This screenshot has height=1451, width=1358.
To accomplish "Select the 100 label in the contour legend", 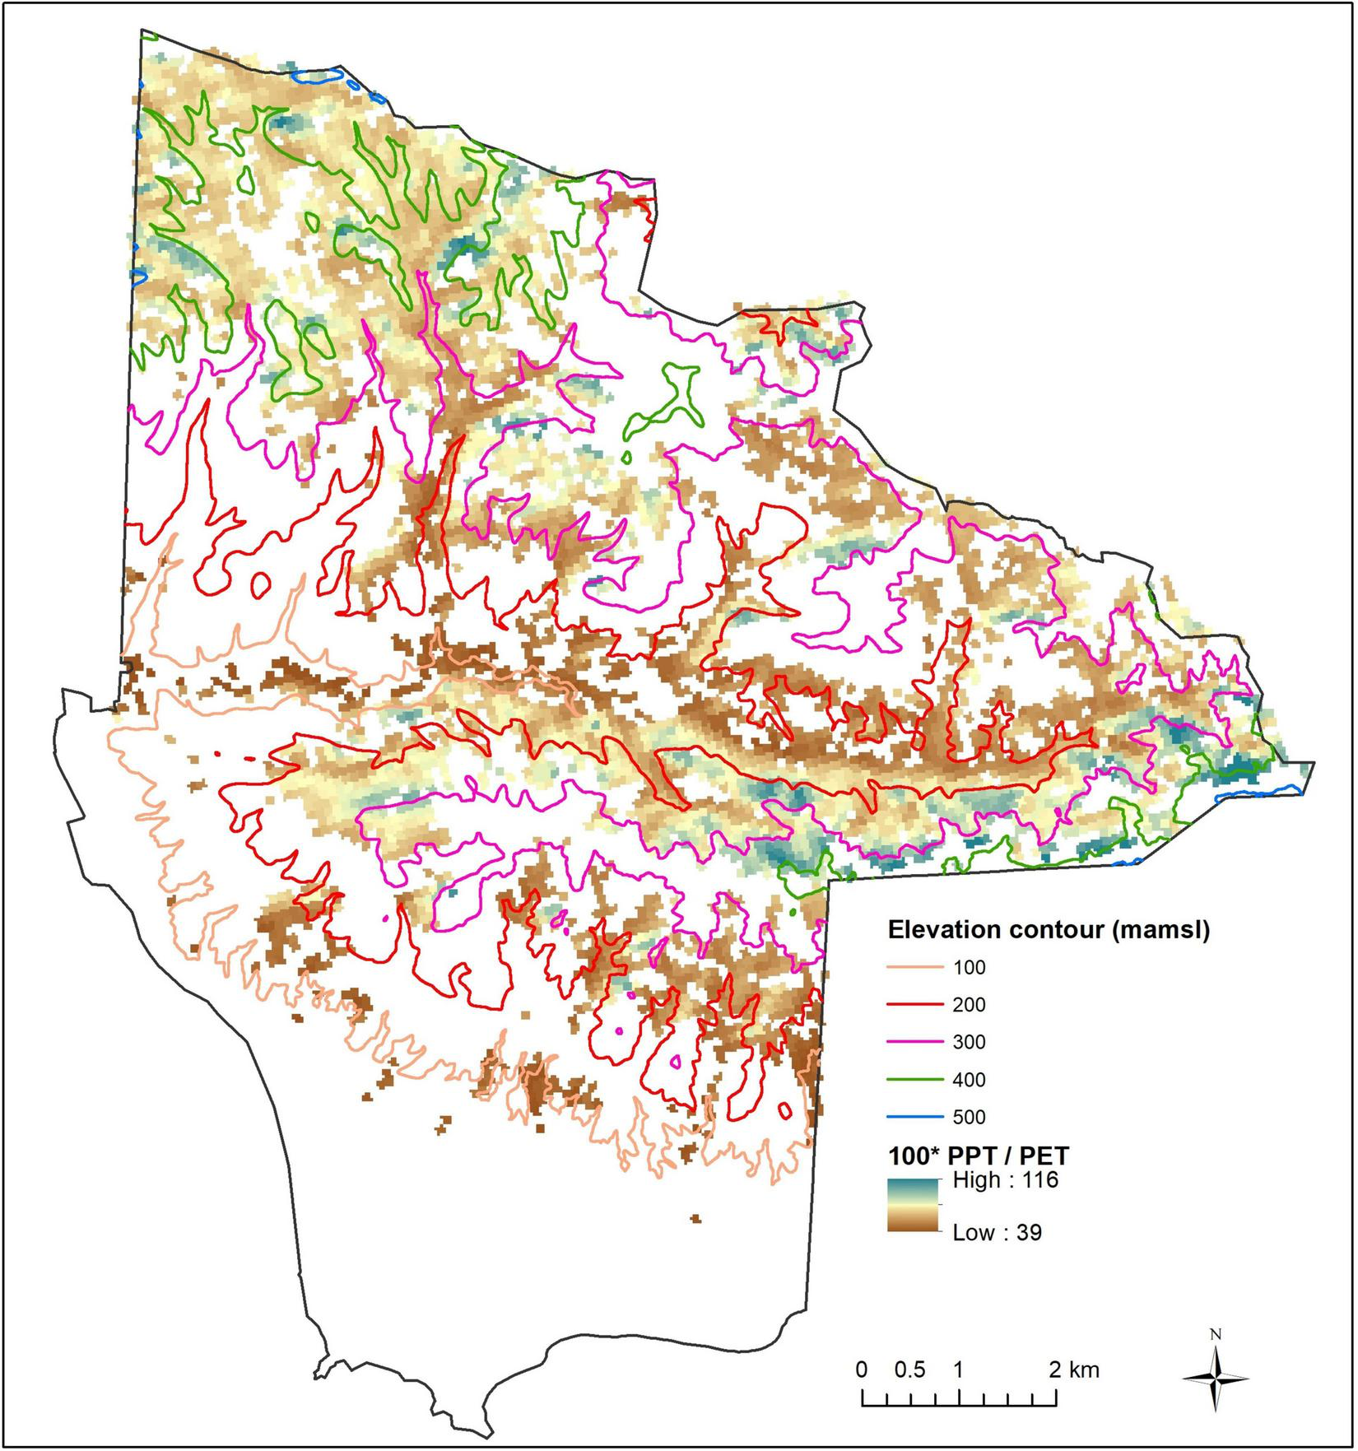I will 969,968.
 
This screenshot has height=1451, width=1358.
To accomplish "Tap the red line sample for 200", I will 913,1005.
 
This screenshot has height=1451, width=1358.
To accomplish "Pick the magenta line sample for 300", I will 913,1042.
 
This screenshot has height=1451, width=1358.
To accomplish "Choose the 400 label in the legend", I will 969,1080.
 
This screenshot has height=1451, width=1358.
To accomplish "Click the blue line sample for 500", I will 913,1117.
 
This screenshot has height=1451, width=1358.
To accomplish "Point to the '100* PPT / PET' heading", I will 979,1155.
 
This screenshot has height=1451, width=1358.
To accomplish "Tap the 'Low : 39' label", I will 997,1233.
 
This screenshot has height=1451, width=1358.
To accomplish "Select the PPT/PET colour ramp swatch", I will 913,1206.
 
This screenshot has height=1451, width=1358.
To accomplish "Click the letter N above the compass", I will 1216,1334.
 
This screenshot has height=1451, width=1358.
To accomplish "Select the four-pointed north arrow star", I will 1216,1379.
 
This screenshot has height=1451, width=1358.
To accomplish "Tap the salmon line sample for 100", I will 913,968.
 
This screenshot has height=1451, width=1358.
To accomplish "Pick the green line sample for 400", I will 913,1080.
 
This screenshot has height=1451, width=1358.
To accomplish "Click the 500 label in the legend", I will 969,1117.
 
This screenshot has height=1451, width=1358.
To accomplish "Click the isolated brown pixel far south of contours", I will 695,1218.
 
